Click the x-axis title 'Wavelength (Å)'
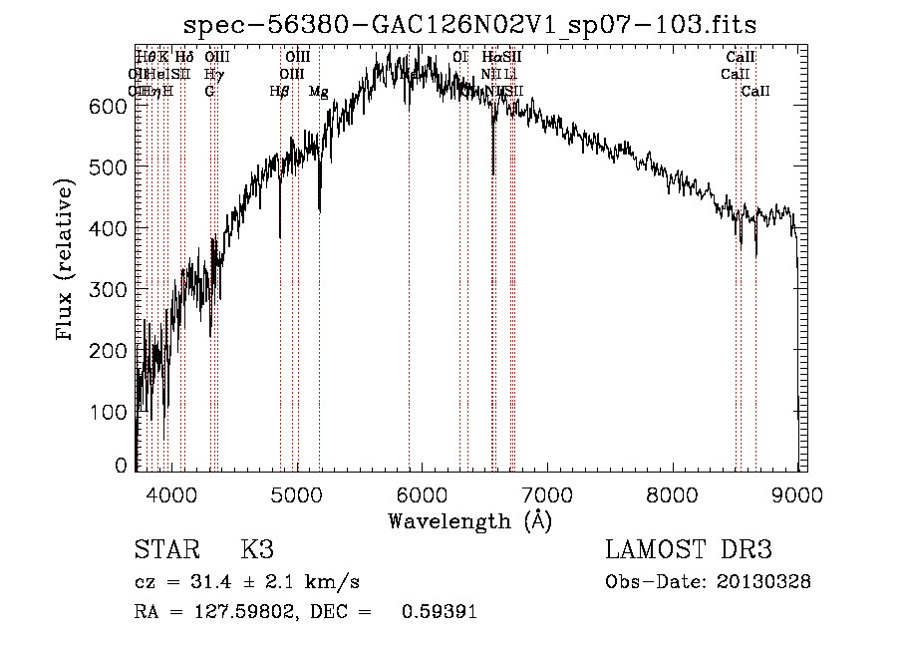(x=469, y=520)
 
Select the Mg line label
(x=319, y=92)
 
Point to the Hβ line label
(x=280, y=92)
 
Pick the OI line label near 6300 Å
(x=459, y=58)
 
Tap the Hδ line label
(x=184, y=58)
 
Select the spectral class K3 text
(x=256, y=550)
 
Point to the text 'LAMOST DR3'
(x=688, y=550)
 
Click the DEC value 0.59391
(x=439, y=612)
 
